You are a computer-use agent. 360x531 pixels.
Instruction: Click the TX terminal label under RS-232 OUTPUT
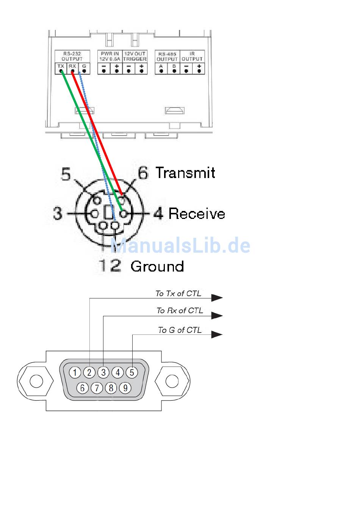tap(61, 66)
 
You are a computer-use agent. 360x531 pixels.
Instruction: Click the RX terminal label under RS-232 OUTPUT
tap(72, 66)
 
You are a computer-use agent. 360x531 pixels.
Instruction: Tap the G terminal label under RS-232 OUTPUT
tap(84, 66)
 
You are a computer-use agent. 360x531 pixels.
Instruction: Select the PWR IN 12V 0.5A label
tap(110, 56)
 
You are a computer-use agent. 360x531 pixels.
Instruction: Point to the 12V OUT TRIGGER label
tap(135, 56)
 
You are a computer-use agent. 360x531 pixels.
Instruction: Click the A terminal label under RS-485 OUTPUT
tap(161, 66)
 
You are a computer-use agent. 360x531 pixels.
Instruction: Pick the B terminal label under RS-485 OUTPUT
tap(174, 66)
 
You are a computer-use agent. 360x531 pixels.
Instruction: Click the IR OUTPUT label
tap(192, 56)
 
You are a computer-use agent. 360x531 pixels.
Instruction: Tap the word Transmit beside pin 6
tap(185, 173)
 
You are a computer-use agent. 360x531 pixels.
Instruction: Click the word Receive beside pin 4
tap(197, 214)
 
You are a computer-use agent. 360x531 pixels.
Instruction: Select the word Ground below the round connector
tap(157, 267)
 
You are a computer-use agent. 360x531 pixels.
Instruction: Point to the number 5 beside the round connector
tap(66, 175)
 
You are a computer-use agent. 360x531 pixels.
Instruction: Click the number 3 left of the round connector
tap(57, 214)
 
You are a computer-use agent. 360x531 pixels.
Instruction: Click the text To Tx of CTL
tap(178, 294)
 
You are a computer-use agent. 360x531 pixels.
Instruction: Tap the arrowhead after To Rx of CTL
tap(217, 315)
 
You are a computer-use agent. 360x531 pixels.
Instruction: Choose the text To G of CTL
tap(180, 330)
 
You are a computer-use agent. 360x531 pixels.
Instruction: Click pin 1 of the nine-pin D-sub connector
tap(75, 373)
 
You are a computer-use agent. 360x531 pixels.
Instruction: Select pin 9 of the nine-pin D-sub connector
tap(125, 388)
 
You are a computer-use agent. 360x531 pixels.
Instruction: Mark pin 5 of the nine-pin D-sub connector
tap(132, 373)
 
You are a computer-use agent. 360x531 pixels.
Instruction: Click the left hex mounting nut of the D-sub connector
tap(36, 381)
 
